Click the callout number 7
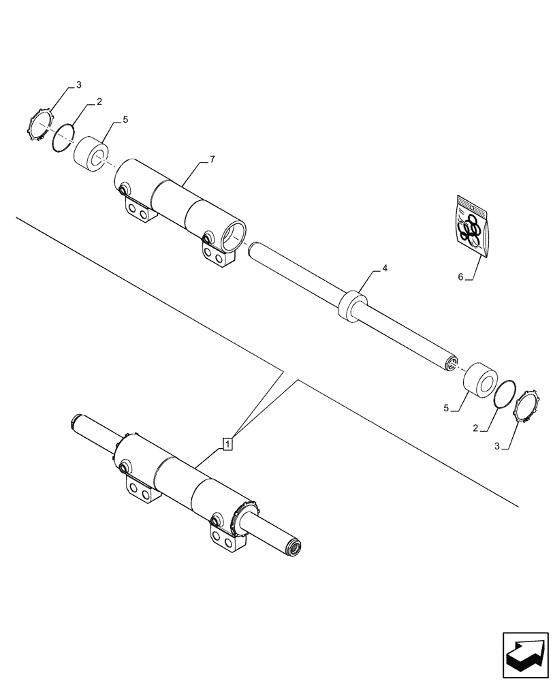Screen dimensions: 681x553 point(212,159)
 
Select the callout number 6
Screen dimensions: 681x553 point(461,277)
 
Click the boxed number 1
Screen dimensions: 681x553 point(227,444)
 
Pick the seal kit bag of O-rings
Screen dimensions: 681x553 point(473,227)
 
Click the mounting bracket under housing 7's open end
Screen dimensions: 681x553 point(218,257)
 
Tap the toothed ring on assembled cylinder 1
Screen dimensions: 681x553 point(248,519)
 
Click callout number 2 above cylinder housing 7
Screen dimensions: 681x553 point(99,101)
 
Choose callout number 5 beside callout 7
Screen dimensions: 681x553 point(125,121)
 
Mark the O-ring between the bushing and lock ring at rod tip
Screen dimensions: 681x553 point(505,394)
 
